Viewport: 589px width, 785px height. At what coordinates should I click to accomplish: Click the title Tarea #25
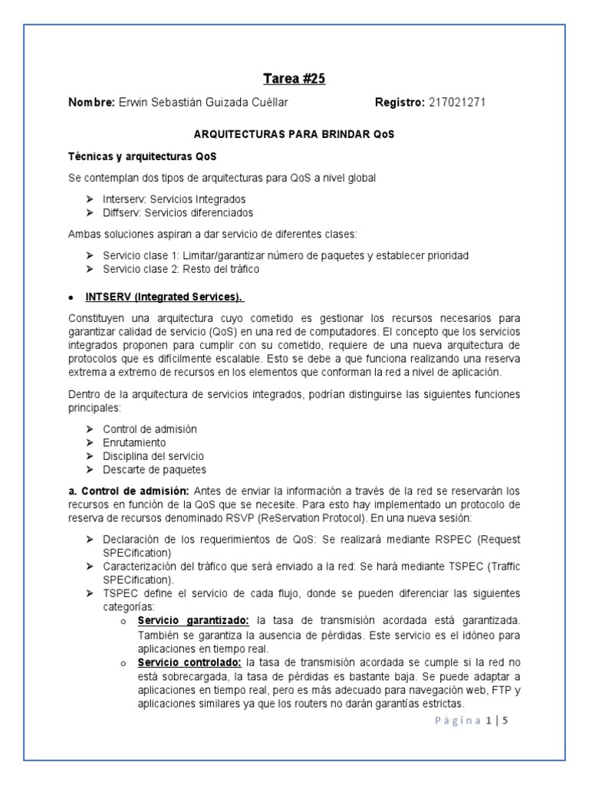click(x=294, y=77)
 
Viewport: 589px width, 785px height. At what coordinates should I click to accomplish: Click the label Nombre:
click(x=92, y=102)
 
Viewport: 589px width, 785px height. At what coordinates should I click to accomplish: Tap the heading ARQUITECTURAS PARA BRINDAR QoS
click(x=294, y=134)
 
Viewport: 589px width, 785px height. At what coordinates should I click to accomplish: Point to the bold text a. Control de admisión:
click(x=129, y=491)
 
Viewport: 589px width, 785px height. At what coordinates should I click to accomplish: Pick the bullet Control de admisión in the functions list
click(x=150, y=429)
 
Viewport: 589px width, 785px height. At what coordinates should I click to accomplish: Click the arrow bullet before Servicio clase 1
click(x=90, y=255)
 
